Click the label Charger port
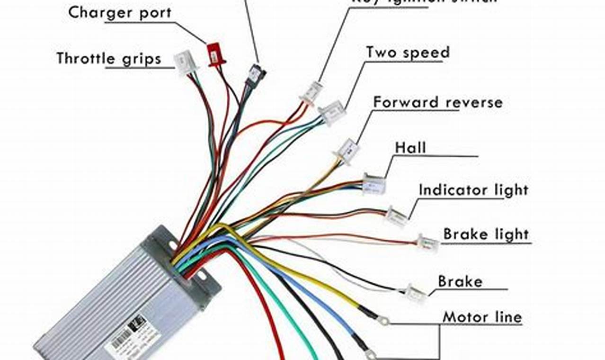pos(120,13)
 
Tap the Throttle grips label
pos(109,59)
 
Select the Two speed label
pos(408,53)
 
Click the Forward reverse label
pos(437,102)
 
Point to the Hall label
pos(410,148)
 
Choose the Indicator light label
pos(473,190)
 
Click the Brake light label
pos(486,234)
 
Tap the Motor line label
pos(482,317)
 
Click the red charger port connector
pos(215,54)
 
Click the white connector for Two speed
pos(332,113)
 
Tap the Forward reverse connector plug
pos(347,151)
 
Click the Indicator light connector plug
pos(396,216)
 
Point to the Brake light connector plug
pos(428,243)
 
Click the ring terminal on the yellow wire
pos(383,322)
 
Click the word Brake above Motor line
pos(460,282)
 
